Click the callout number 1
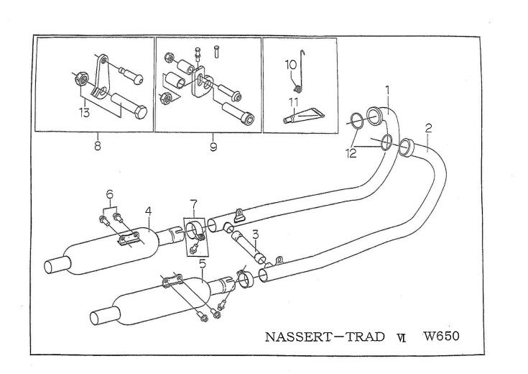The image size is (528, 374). (387, 91)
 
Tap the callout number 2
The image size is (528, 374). (428, 128)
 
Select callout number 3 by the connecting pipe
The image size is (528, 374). (256, 234)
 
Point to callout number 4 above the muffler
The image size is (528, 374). (148, 211)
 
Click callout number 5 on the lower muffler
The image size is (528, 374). (202, 263)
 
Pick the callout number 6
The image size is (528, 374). (110, 194)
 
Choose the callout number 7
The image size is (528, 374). (193, 204)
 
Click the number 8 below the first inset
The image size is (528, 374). (97, 146)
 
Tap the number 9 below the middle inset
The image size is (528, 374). (213, 147)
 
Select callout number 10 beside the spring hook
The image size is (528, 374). (291, 65)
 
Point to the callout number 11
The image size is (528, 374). (293, 101)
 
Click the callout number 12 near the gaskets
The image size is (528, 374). (351, 153)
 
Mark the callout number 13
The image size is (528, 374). (84, 113)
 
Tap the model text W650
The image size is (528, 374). (442, 336)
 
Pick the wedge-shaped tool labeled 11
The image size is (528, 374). (304, 115)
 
